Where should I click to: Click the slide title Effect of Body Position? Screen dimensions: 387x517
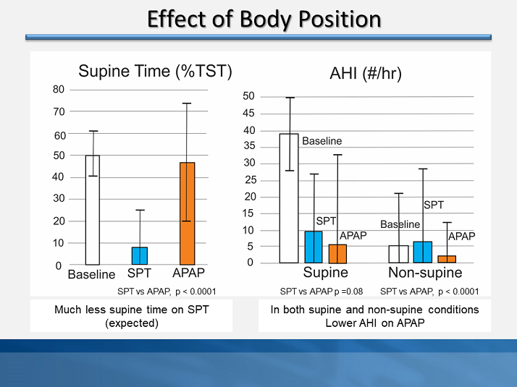pyautogui.click(x=264, y=19)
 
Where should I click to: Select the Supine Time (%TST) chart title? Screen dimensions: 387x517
pyautogui.click(x=155, y=71)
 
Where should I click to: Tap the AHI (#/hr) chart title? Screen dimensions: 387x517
pyautogui.click(x=365, y=74)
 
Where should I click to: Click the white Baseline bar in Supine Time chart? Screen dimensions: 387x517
pyautogui.click(x=93, y=210)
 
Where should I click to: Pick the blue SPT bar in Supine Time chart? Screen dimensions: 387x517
pyautogui.click(x=140, y=256)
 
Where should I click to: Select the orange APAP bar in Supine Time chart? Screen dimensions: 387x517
pyautogui.click(x=187, y=213)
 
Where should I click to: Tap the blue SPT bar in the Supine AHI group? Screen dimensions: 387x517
pyautogui.click(x=314, y=247)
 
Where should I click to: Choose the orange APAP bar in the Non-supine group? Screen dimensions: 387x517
pyautogui.click(x=447, y=259)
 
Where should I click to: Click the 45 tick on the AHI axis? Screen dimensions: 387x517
pyautogui.click(x=248, y=114)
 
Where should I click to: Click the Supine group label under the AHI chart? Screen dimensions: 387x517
pyautogui.click(x=325, y=273)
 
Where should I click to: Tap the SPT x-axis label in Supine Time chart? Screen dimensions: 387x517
pyautogui.click(x=139, y=274)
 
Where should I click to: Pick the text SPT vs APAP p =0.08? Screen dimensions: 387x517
pyautogui.click(x=321, y=292)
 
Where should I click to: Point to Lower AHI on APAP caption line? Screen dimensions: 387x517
pyautogui.click(x=374, y=323)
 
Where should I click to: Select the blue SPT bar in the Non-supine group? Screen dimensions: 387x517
pyautogui.click(x=422, y=252)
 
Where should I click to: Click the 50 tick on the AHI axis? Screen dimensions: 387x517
pyautogui.click(x=248, y=96)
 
